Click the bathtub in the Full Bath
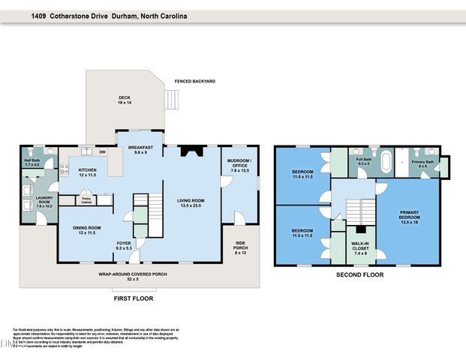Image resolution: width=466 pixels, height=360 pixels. (386, 161)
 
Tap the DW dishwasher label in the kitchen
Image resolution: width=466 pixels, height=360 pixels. (101, 152)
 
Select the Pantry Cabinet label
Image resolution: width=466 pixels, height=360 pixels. (86, 199)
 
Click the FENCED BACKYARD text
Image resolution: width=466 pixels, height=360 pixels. (194, 81)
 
